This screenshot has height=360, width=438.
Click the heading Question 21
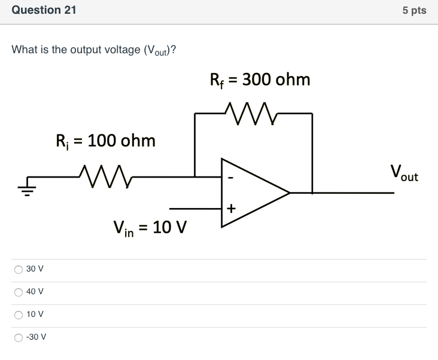click(44, 10)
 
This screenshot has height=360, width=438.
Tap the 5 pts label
click(414, 11)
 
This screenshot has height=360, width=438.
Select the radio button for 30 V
click(18, 269)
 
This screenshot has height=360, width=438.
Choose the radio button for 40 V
click(18, 292)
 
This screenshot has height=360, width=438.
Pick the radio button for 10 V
click(18, 315)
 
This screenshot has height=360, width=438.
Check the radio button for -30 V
click(18, 337)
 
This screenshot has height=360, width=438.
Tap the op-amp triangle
click(251, 193)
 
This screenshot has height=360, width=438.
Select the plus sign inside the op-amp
click(231, 208)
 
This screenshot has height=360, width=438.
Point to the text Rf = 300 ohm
click(259, 80)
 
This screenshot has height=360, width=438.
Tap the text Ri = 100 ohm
click(105, 141)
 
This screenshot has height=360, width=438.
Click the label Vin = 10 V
click(150, 228)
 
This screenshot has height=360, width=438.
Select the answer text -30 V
click(36, 337)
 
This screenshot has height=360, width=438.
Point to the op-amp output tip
click(289, 193)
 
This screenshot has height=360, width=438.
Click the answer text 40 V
click(35, 292)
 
